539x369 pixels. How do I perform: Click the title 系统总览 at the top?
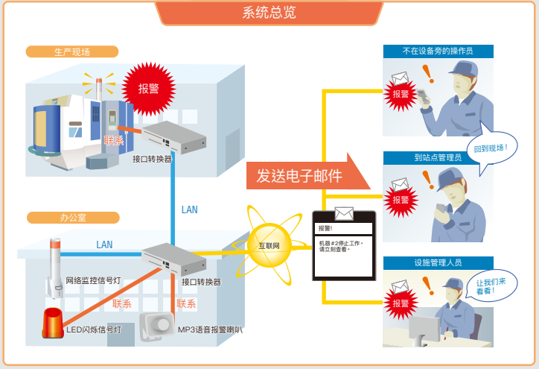(x=269, y=13)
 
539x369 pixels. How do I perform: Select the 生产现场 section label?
(x=71, y=52)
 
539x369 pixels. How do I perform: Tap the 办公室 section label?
(x=72, y=218)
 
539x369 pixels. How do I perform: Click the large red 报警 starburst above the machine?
(x=148, y=89)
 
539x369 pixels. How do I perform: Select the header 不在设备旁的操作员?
(x=438, y=51)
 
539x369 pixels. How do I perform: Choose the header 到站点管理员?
(x=438, y=157)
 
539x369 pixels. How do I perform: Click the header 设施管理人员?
(x=438, y=262)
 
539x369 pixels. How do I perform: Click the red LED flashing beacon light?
(x=54, y=321)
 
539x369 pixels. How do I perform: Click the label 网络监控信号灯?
(x=95, y=281)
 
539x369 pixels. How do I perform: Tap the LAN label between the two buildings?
(x=190, y=209)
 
